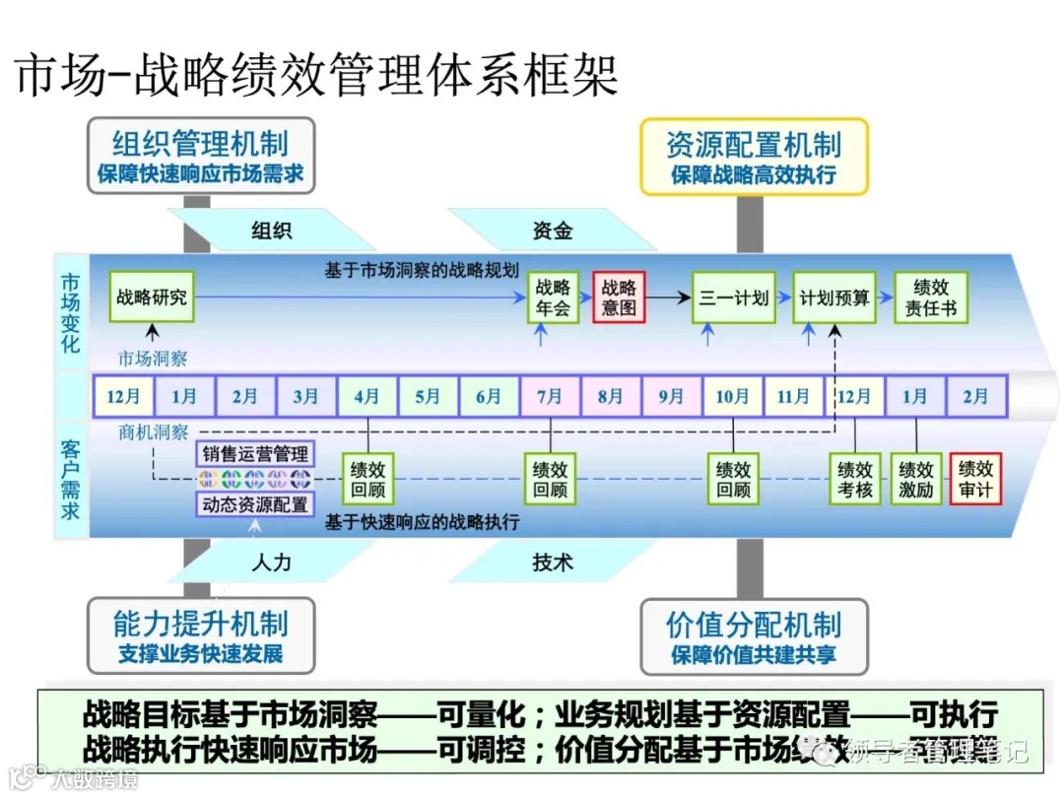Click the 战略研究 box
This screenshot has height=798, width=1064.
pos(151,297)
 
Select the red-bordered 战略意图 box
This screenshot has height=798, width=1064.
pos(619,297)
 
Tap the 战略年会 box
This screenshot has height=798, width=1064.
pos(553,297)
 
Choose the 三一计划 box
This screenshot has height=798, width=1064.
pos(733,297)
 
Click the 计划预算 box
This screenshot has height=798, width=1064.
pos(834,297)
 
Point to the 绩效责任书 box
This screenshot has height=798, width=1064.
pos(931,297)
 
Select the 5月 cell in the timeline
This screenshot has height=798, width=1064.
pos(428,397)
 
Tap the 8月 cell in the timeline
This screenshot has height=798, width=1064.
pos(611,397)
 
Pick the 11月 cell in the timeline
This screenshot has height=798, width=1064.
pos(793,397)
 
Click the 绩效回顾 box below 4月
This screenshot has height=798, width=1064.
pos(367,479)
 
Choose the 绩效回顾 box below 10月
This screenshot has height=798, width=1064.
pos(733,479)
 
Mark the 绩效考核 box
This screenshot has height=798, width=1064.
pos(855,479)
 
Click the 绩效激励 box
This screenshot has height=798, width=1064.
pos(916,479)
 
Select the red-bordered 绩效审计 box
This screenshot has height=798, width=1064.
pos(975,479)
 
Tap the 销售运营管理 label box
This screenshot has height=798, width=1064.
pos(255,454)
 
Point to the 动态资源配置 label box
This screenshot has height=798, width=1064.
pos(255,504)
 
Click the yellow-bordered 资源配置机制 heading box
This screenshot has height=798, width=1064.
pos(754,157)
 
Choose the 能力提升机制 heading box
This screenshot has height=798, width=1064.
pos(200,635)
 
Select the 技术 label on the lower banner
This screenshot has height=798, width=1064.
pos(553,563)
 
